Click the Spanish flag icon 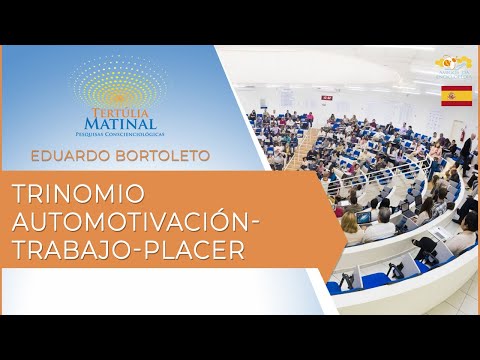[x=457, y=96]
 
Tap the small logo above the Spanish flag [x=456, y=66]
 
